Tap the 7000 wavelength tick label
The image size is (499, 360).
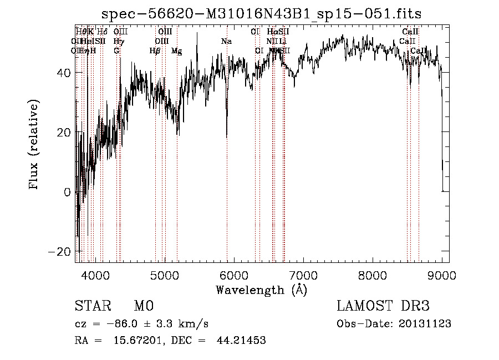(x=303, y=275)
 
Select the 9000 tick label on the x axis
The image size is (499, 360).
(x=442, y=275)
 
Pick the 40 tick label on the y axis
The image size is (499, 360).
(x=64, y=73)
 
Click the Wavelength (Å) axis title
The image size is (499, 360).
(x=261, y=290)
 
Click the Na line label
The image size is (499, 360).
(x=226, y=42)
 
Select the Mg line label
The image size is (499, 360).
(x=176, y=51)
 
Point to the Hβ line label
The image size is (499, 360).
(x=155, y=51)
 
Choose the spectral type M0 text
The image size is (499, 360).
(x=143, y=306)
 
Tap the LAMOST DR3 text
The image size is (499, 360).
(x=383, y=306)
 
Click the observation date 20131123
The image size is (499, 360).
(x=427, y=323)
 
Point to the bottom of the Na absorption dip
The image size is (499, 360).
(x=227, y=136)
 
